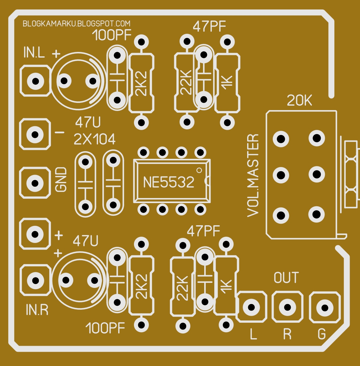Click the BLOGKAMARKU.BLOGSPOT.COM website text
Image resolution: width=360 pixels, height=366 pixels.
tap(76, 24)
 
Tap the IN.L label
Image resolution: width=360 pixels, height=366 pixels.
tap(34, 53)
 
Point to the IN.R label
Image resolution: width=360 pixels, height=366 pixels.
tap(37, 310)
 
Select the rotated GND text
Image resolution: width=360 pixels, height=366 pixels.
tap(61, 180)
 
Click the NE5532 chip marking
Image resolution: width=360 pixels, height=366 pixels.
tap(168, 183)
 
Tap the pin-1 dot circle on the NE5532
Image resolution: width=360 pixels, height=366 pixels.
tap(199, 171)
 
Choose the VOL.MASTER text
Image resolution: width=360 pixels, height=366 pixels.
tap(253, 176)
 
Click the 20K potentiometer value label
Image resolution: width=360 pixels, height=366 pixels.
tap(299, 101)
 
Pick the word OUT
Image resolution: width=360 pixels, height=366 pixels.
tap(286, 278)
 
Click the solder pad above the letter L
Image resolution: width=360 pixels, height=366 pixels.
tap(252, 307)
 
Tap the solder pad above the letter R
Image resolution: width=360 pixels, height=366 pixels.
tap(287, 307)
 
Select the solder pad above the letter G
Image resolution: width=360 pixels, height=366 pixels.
tap(325, 308)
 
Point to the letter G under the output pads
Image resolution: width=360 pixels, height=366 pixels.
tap(321, 334)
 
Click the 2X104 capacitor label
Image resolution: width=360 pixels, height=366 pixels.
tap(95, 139)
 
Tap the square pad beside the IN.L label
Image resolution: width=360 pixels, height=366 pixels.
tap(35, 81)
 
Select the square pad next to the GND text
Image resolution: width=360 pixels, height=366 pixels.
tap(35, 183)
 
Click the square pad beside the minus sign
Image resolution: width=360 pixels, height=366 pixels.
tap(35, 134)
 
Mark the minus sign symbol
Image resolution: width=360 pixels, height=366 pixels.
tap(59, 133)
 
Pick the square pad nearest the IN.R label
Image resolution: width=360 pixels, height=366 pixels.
tap(35, 281)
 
